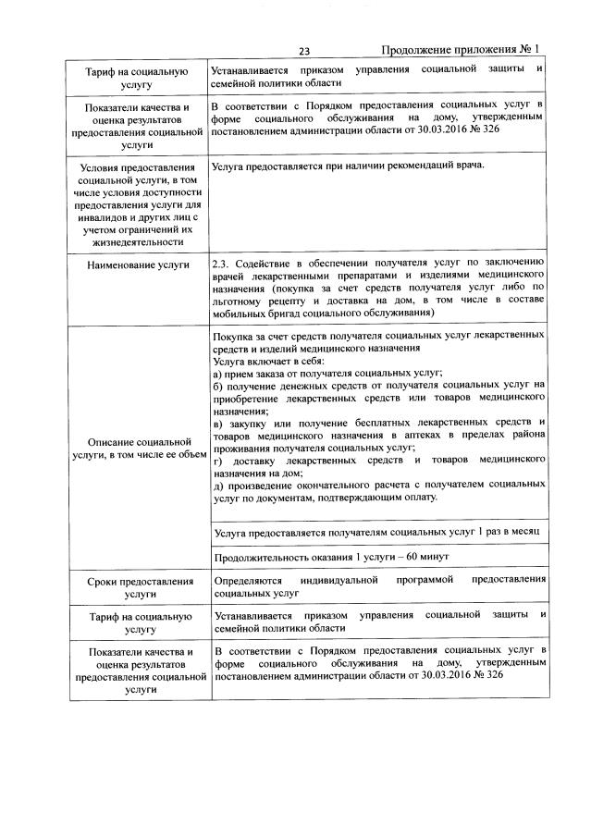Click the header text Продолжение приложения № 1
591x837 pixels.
pos(460,50)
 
